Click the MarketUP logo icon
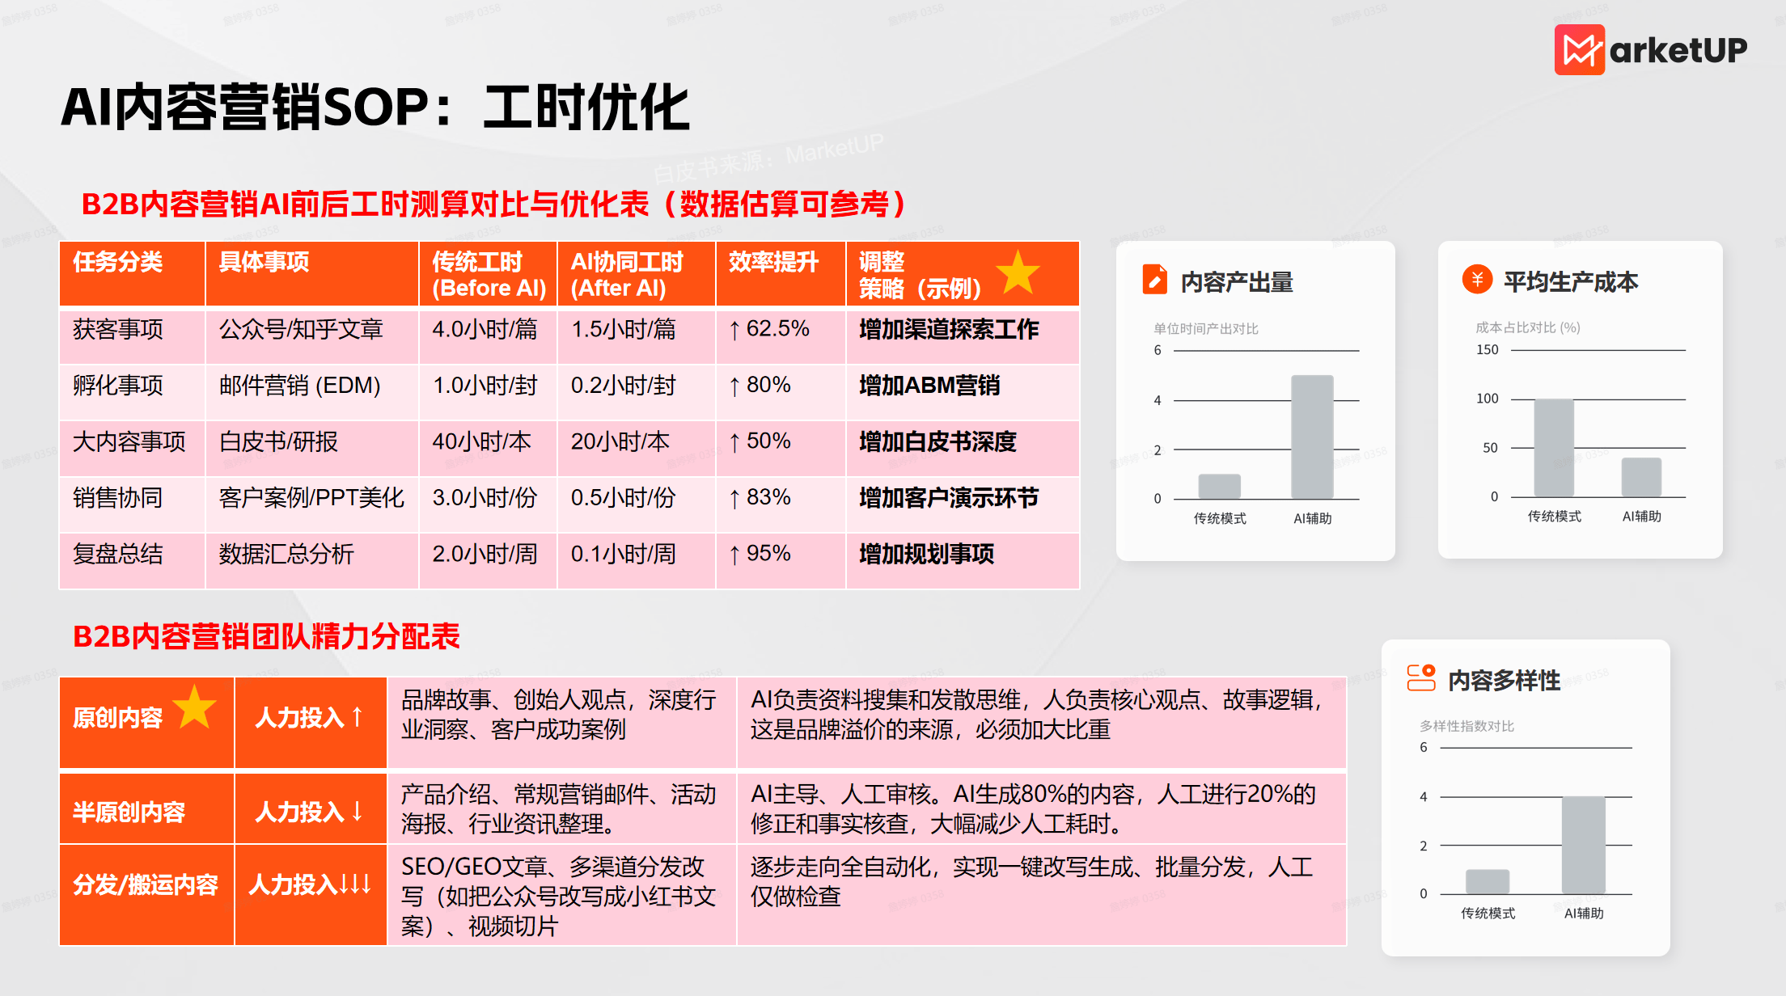pyautogui.click(x=1579, y=49)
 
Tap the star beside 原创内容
pyautogui.click(x=194, y=707)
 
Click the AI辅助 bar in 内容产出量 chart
pyautogui.click(x=1312, y=437)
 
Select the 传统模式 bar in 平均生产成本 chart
pyautogui.click(x=1554, y=448)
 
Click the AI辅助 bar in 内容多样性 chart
pyautogui.click(x=1583, y=845)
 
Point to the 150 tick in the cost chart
pyautogui.click(x=1488, y=350)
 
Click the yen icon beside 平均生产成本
pyautogui.click(x=1477, y=280)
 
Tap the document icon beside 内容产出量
pyautogui.click(x=1154, y=279)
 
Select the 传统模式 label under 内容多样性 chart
pyautogui.click(x=1488, y=914)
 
